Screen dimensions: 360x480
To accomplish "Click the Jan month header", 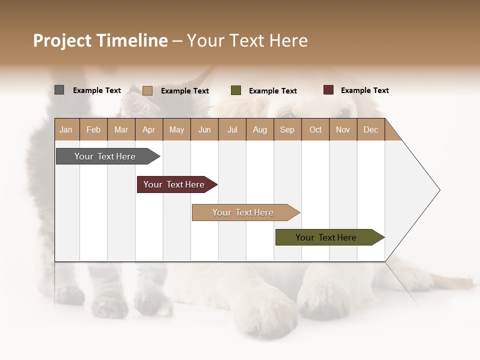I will [x=66, y=130].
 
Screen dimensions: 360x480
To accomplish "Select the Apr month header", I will [x=149, y=130].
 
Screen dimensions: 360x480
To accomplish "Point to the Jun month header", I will [x=204, y=130].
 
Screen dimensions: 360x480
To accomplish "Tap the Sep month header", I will [x=287, y=130].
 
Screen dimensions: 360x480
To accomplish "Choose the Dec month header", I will [x=370, y=130].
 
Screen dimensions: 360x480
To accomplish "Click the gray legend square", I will [x=59, y=90].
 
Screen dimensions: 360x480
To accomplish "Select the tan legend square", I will [x=147, y=90].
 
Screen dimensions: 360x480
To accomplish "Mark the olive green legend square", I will [x=236, y=90].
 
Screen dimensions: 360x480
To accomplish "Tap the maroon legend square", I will [x=328, y=90].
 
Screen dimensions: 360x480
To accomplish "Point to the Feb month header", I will [x=93, y=130].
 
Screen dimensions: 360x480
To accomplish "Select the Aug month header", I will [x=260, y=130].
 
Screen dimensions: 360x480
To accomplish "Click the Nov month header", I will [x=343, y=130].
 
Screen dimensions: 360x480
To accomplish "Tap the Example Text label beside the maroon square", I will [x=364, y=90].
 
